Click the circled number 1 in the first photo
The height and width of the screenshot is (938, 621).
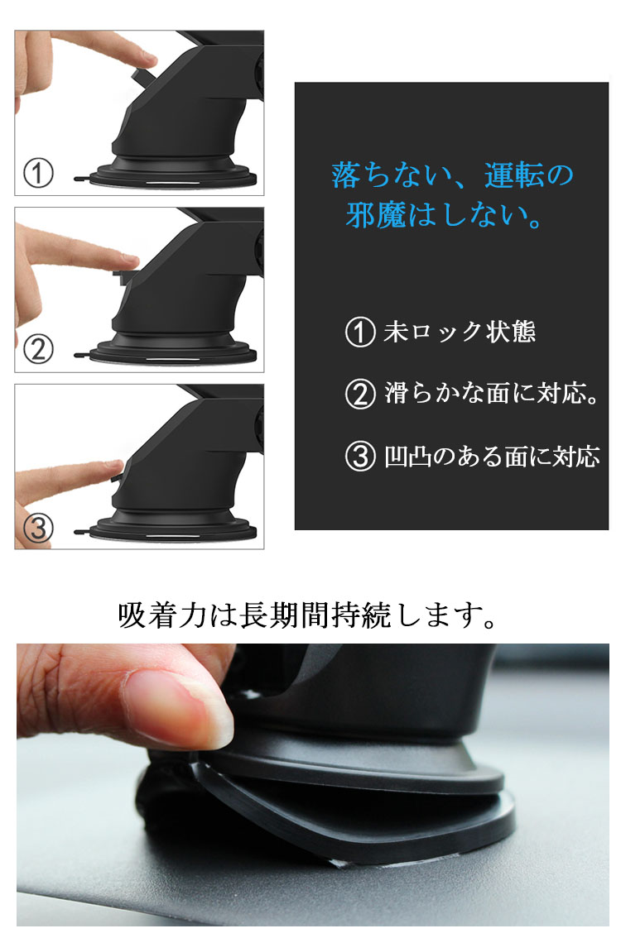pyautogui.click(x=38, y=173)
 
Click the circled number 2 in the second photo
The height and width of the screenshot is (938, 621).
pyautogui.click(x=38, y=349)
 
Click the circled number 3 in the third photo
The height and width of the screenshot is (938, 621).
pyautogui.click(x=38, y=529)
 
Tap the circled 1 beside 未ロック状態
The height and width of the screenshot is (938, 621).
pyautogui.click(x=360, y=332)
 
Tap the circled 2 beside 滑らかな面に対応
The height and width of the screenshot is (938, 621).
pyautogui.click(x=360, y=395)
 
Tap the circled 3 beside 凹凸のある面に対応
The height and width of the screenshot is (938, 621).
pyautogui.click(x=360, y=457)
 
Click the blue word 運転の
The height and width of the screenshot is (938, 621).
pyautogui.click(x=529, y=175)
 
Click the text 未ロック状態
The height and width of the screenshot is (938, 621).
pyautogui.click(x=460, y=332)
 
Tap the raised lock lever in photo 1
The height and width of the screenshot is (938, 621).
pyautogui.click(x=142, y=76)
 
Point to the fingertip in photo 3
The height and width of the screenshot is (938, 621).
pyautogui.click(x=113, y=468)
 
